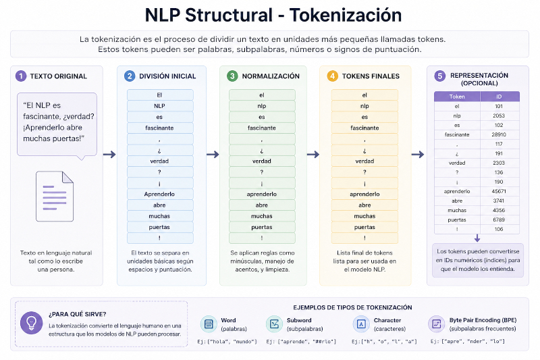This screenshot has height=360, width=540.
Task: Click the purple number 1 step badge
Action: pos(21,76)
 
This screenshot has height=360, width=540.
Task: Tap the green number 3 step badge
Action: pos(232,76)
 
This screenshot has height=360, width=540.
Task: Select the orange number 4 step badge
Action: pos(332,76)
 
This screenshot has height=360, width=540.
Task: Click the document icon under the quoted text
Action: pos(55,197)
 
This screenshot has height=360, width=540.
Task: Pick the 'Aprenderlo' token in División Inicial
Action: pos(159,194)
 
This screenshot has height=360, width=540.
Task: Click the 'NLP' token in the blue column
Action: pos(159,106)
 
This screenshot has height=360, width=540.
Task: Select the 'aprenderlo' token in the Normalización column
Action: pos(262,194)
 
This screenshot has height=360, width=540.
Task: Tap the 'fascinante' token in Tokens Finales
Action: pos(364,128)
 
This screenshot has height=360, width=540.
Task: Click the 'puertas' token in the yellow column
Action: pos(364,227)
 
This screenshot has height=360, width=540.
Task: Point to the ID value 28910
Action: pos(499,134)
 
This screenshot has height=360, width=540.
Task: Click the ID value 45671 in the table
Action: pos(499,191)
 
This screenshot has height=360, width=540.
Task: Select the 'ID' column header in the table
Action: pos(499,97)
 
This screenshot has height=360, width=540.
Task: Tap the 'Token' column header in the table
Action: pos(457,97)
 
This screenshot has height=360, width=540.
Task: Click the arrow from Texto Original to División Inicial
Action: pos(109,155)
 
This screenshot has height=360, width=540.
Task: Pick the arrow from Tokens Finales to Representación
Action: pos(418,155)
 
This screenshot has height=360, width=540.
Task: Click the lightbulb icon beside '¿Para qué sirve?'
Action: pos(31,323)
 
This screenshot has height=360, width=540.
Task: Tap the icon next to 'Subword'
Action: pos(275,324)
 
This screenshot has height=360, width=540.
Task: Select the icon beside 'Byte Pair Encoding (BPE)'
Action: pos(436,324)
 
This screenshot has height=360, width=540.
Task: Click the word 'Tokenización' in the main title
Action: pos(346,15)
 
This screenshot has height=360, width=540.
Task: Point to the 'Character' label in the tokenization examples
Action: pos(387,320)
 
